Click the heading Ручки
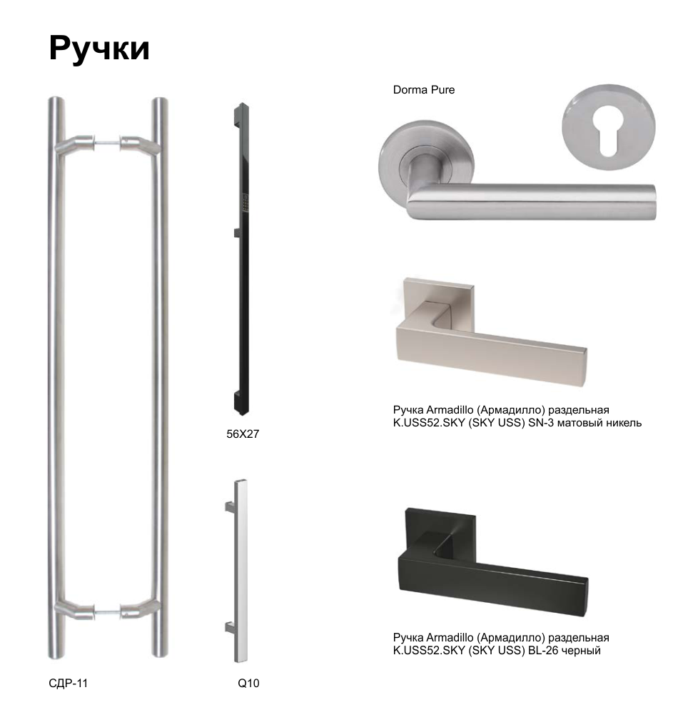(x=99, y=49)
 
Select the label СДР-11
(x=68, y=683)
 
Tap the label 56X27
(x=243, y=434)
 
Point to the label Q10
(x=248, y=683)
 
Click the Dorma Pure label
(x=424, y=90)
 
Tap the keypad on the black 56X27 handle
(x=246, y=203)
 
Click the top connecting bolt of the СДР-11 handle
(x=108, y=144)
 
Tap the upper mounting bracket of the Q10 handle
(x=230, y=506)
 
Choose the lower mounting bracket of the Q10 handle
(x=230, y=628)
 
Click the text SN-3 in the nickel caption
(x=541, y=423)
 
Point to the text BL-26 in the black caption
(x=543, y=651)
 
